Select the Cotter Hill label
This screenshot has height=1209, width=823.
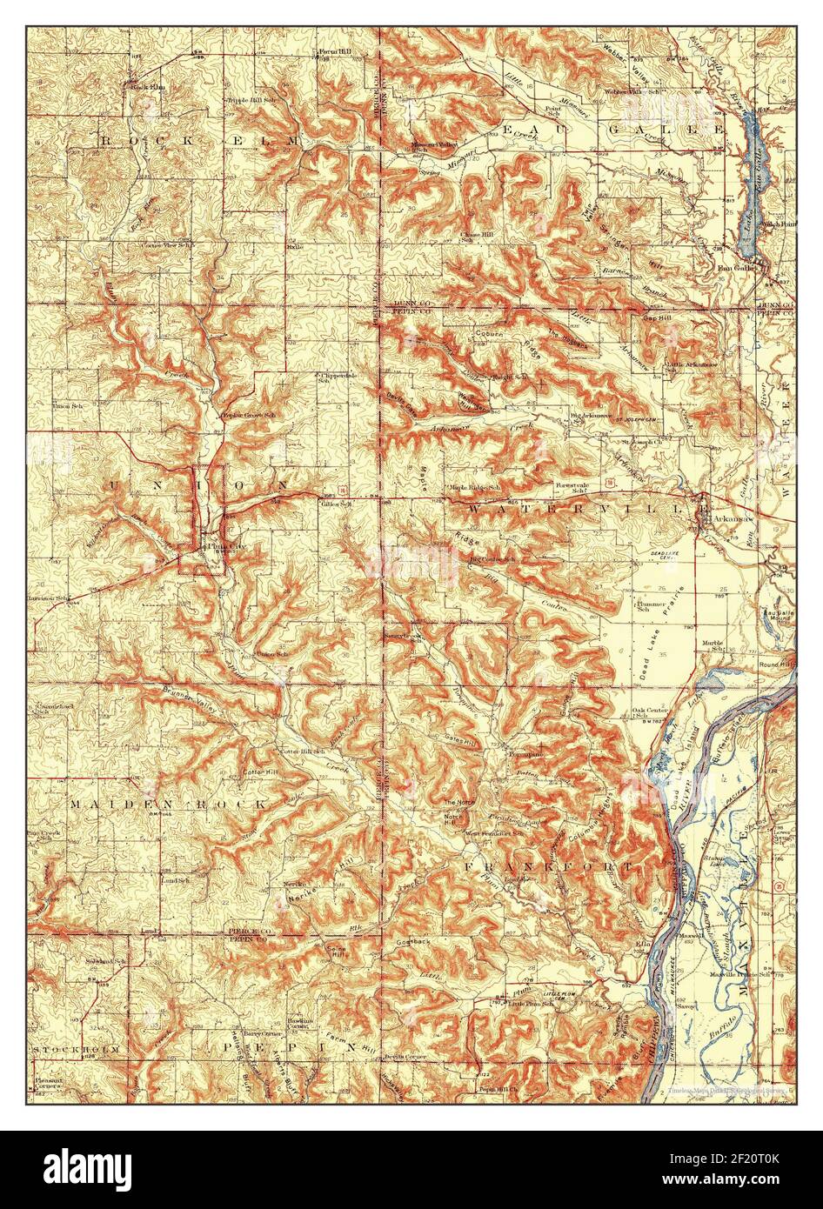[x=258, y=771]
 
